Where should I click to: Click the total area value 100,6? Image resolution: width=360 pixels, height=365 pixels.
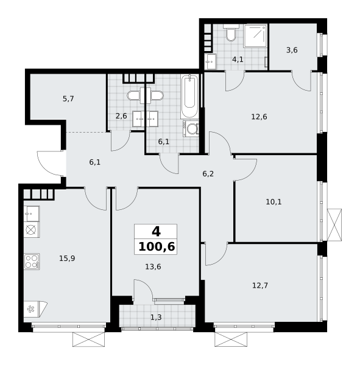pos(157,247)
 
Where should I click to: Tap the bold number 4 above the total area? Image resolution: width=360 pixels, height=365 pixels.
pos(156,232)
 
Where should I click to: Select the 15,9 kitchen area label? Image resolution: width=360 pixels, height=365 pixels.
pos(67,259)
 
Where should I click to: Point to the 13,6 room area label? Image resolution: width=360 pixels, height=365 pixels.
pos(153,267)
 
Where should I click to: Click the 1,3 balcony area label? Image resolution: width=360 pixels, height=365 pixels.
pos(156,318)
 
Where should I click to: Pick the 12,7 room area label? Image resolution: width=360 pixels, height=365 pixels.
pos(260,285)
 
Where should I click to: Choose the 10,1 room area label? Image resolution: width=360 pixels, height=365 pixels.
pos(274,202)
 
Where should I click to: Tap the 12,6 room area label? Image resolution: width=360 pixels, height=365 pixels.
pos(259,117)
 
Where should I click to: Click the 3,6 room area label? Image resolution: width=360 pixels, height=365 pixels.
pos(292,50)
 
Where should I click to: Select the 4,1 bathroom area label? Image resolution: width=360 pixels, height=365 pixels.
pos(238,60)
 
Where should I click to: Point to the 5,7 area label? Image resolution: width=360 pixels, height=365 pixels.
pos(68,99)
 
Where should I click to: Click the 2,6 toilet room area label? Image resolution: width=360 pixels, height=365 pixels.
pos(121,116)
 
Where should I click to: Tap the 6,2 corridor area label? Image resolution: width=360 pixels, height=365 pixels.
pos(208,174)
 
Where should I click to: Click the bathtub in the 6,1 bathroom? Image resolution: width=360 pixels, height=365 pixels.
pos(189,97)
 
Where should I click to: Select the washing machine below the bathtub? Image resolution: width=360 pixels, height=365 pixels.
pos(191,128)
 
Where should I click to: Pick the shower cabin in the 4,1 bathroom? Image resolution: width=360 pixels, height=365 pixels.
pos(255,35)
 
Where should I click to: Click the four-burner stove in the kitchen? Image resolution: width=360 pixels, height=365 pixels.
pos(32,262)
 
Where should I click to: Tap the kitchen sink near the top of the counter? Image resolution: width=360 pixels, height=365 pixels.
pos(32,214)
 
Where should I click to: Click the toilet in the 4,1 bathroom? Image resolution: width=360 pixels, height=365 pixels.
pos(231,33)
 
